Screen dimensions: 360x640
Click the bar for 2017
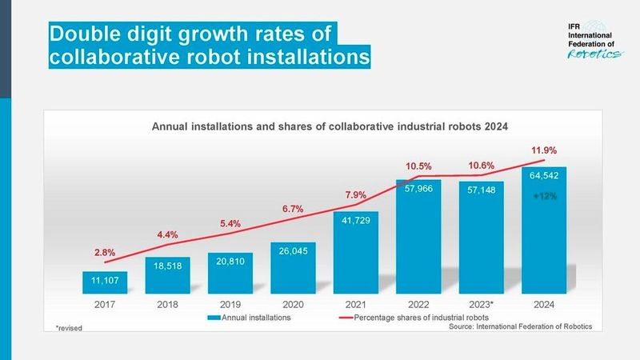tap(105, 282)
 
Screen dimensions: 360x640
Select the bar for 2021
tap(356, 252)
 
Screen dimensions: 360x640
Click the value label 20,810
tap(230, 262)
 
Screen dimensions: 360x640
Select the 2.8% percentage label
tap(104, 253)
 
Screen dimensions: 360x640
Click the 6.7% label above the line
tap(293, 209)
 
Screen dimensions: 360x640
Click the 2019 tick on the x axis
tap(230, 305)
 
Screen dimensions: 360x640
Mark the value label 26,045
tap(293, 251)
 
